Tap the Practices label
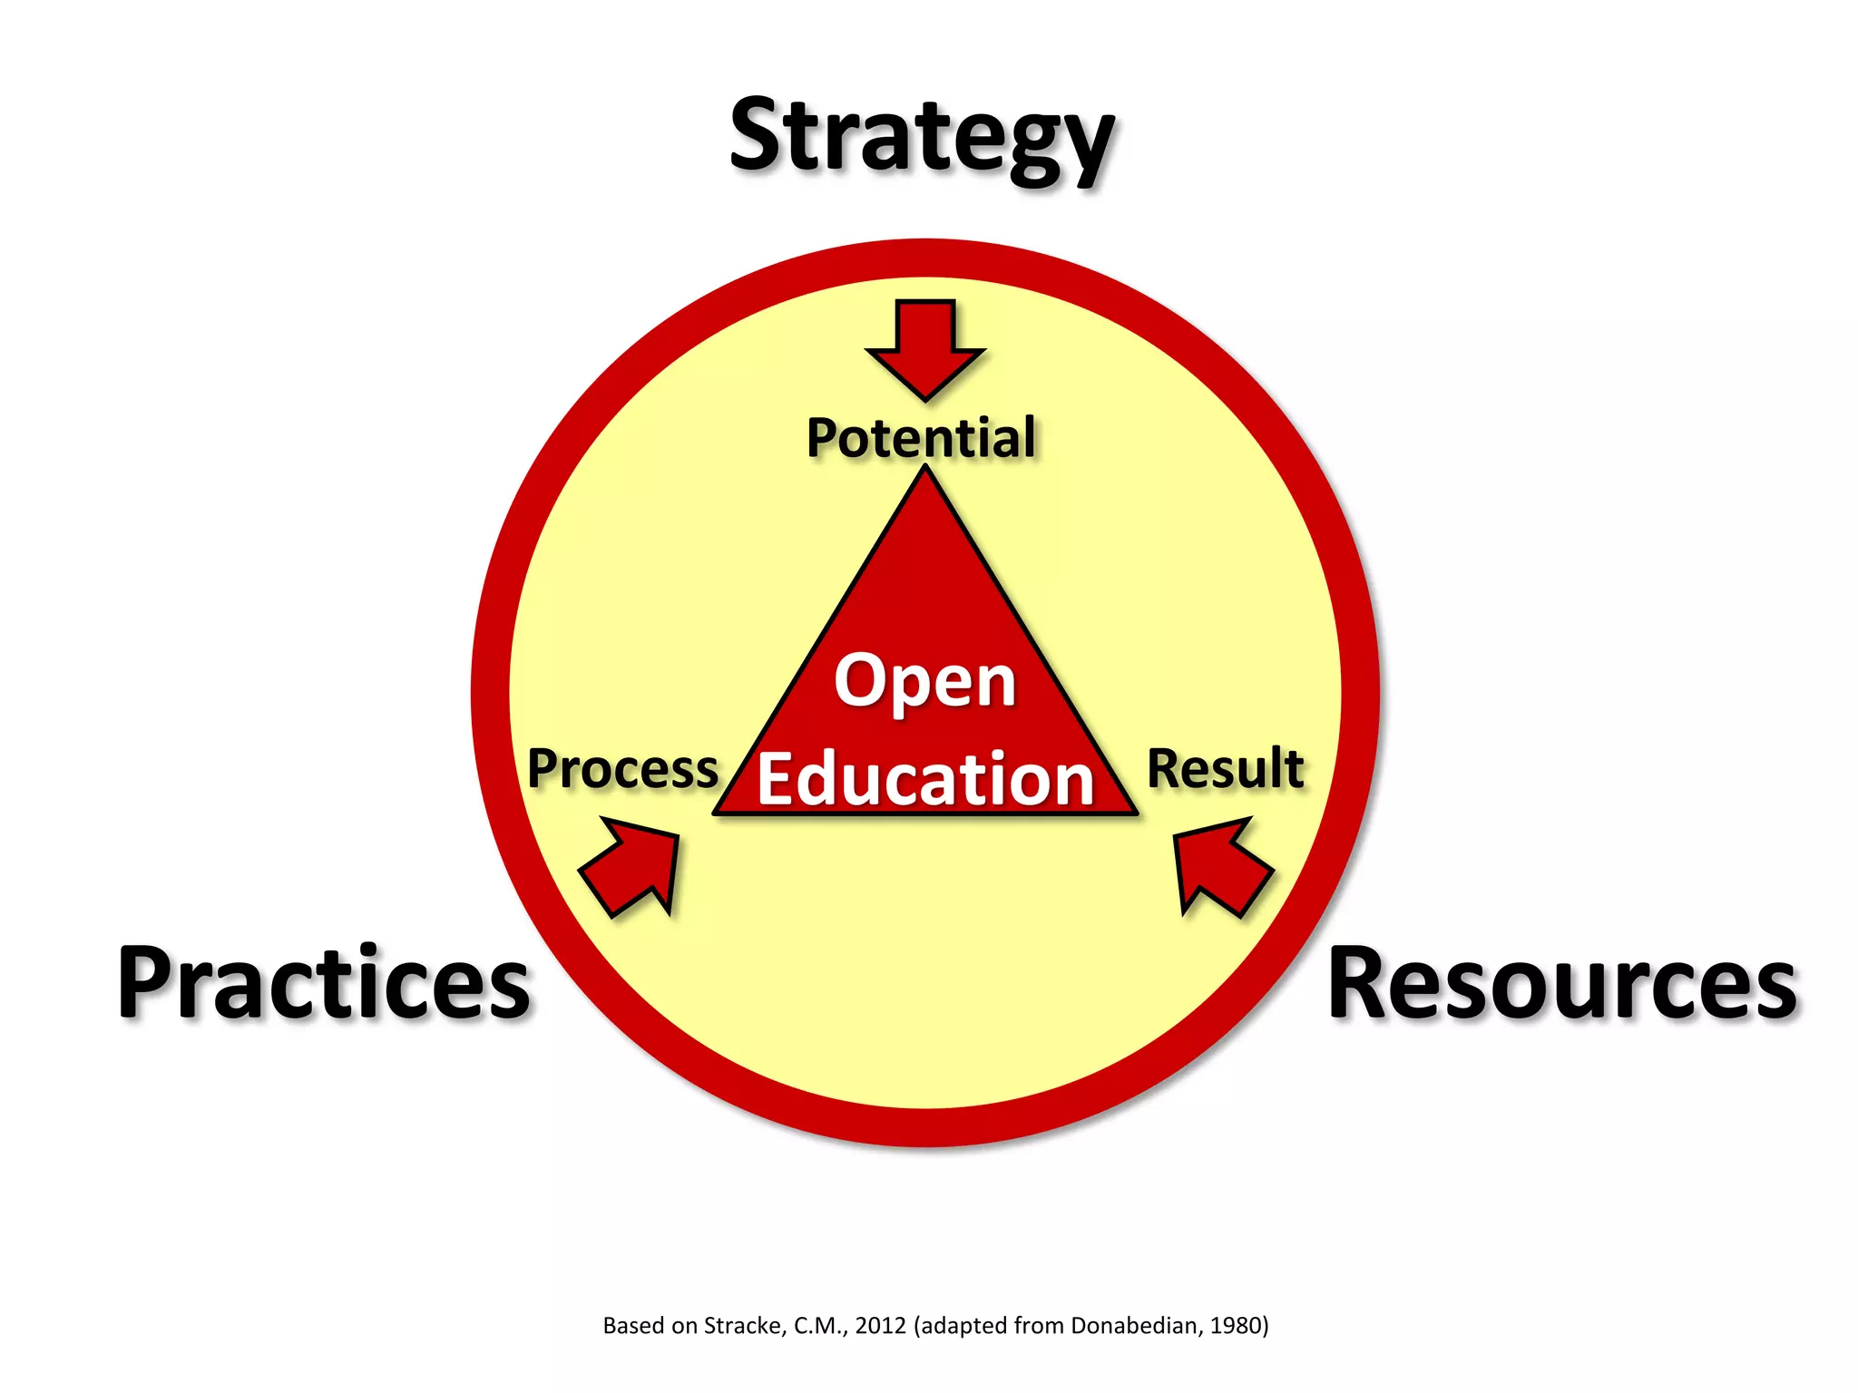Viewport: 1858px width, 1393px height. coord(324,984)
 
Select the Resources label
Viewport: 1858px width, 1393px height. coord(1561,984)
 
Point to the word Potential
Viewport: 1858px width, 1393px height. coord(921,438)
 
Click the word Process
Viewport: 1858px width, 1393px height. coord(622,769)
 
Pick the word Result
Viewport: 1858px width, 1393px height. coord(1225,769)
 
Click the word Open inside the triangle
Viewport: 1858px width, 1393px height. coord(924,681)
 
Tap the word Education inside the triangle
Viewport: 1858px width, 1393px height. coord(925,779)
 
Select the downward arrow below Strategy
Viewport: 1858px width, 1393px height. coord(924,347)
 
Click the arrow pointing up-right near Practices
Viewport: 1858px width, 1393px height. coord(633,865)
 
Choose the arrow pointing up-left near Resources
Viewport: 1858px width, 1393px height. coord(1218,865)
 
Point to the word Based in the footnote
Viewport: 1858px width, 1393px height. coord(634,1326)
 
